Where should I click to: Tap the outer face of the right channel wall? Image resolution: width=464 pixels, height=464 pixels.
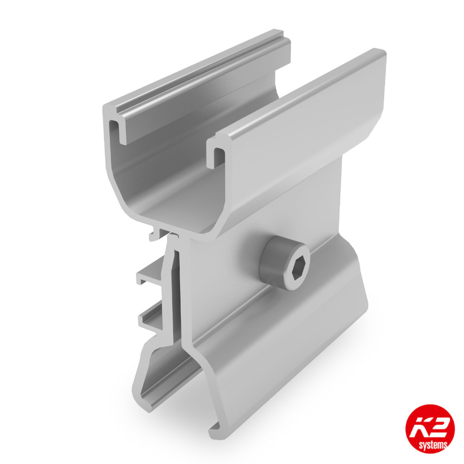pos(302,139)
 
